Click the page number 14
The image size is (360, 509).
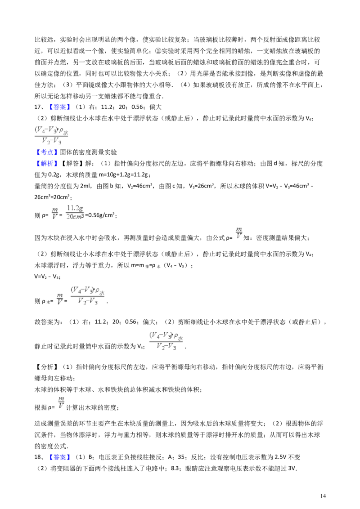[x=323, y=496]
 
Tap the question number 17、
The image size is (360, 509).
[x=39, y=107]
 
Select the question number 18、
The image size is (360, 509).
[x=39, y=457]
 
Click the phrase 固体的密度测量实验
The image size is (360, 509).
[x=88, y=152]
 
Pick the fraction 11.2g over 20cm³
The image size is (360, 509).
[x=75, y=212]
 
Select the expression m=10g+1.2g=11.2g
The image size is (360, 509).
[x=123, y=175]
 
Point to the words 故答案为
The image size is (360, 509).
[x=47, y=322]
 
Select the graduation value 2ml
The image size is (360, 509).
[x=86, y=186]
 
